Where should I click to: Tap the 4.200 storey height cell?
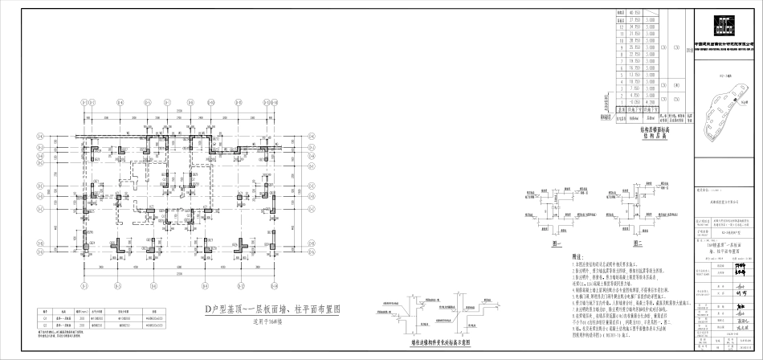tap(652, 102)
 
